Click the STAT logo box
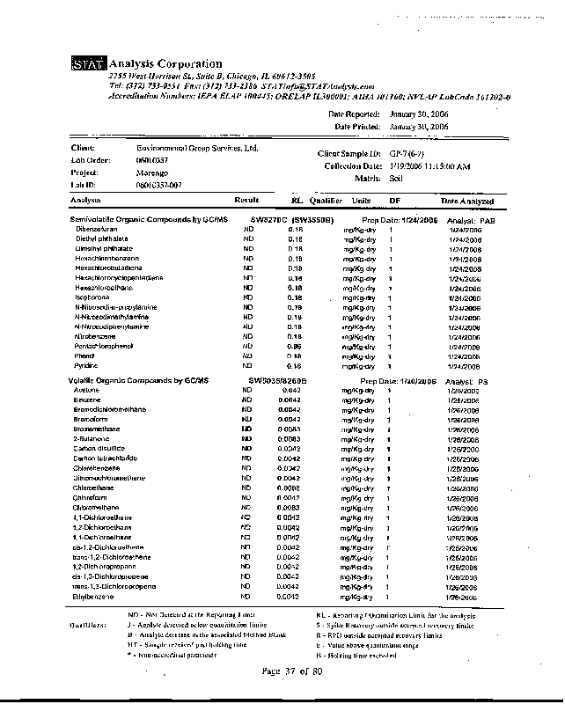tap(89, 64)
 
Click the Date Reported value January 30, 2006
tap(419, 114)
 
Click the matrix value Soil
tap(396, 178)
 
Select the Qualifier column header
tap(325, 201)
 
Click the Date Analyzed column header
tap(467, 201)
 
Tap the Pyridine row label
tap(87, 365)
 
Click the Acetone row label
tap(86, 389)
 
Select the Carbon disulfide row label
tap(99, 448)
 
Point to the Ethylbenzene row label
tap(94, 597)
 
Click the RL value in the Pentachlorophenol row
tap(296, 346)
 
